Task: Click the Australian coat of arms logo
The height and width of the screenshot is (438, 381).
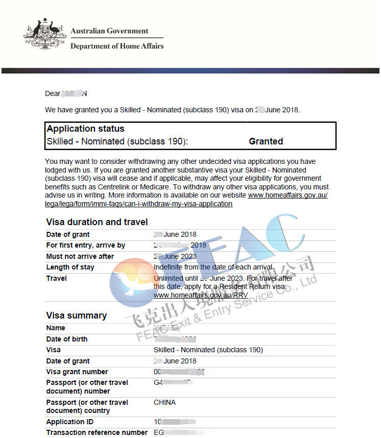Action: [x=45, y=35]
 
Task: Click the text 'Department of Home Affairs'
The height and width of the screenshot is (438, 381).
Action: [x=117, y=46]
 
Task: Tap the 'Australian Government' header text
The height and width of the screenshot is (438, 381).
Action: [x=109, y=31]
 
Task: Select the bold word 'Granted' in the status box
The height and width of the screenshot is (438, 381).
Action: [x=266, y=141]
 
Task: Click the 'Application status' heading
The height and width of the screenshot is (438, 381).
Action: [x=85, y=129]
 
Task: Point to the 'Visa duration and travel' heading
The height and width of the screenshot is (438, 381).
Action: [x=97, y=222]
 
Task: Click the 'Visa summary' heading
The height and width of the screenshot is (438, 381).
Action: [x=76, y=315]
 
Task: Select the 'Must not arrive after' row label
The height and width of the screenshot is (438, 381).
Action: [x=80, y=256]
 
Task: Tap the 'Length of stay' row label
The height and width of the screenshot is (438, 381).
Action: [x=70, y=267]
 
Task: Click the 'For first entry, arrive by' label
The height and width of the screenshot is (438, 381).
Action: [x=85, y=245]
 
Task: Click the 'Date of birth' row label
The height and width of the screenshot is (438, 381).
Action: [x=66, y=339]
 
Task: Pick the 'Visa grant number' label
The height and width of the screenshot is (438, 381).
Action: [x=77, y=372]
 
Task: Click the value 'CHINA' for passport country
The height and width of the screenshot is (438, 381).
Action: [x=164, y=402]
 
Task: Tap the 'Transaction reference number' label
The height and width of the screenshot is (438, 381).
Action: [x=97, y=432]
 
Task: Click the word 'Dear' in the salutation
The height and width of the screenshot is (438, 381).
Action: [x=53, y=93]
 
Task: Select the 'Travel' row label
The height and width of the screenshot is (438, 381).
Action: [x=56, y=278]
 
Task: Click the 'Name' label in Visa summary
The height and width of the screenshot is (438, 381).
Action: [x=56, y=328]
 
